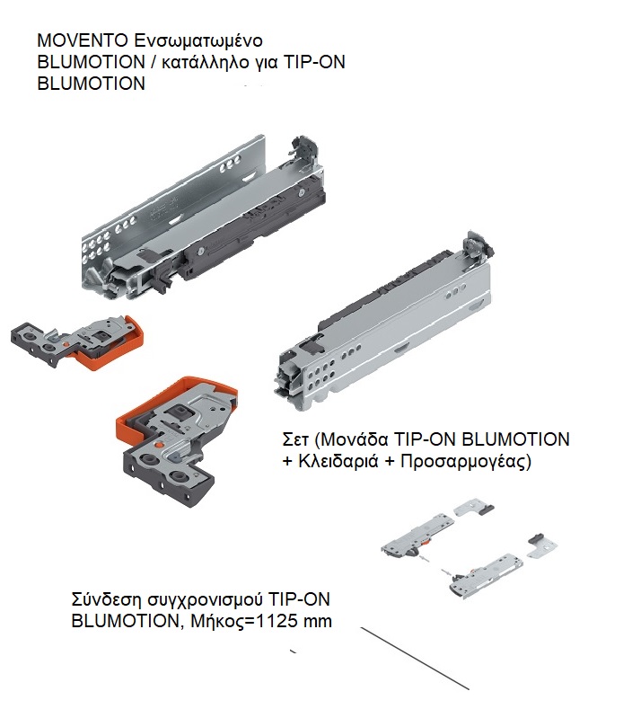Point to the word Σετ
pos(295,439)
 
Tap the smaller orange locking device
pos(77,342)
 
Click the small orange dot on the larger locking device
pos(157,445)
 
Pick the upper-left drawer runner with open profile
pos(203,217)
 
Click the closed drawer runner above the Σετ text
pos(384,321)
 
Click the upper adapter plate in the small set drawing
pos(473,507)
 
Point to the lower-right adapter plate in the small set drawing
pos(542,545)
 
